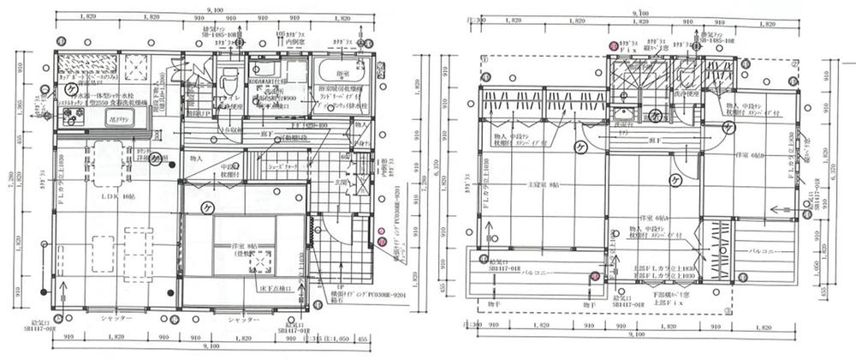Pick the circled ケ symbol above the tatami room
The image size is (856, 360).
[x=206, y=207]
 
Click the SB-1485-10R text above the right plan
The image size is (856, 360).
[x=716, y=40]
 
